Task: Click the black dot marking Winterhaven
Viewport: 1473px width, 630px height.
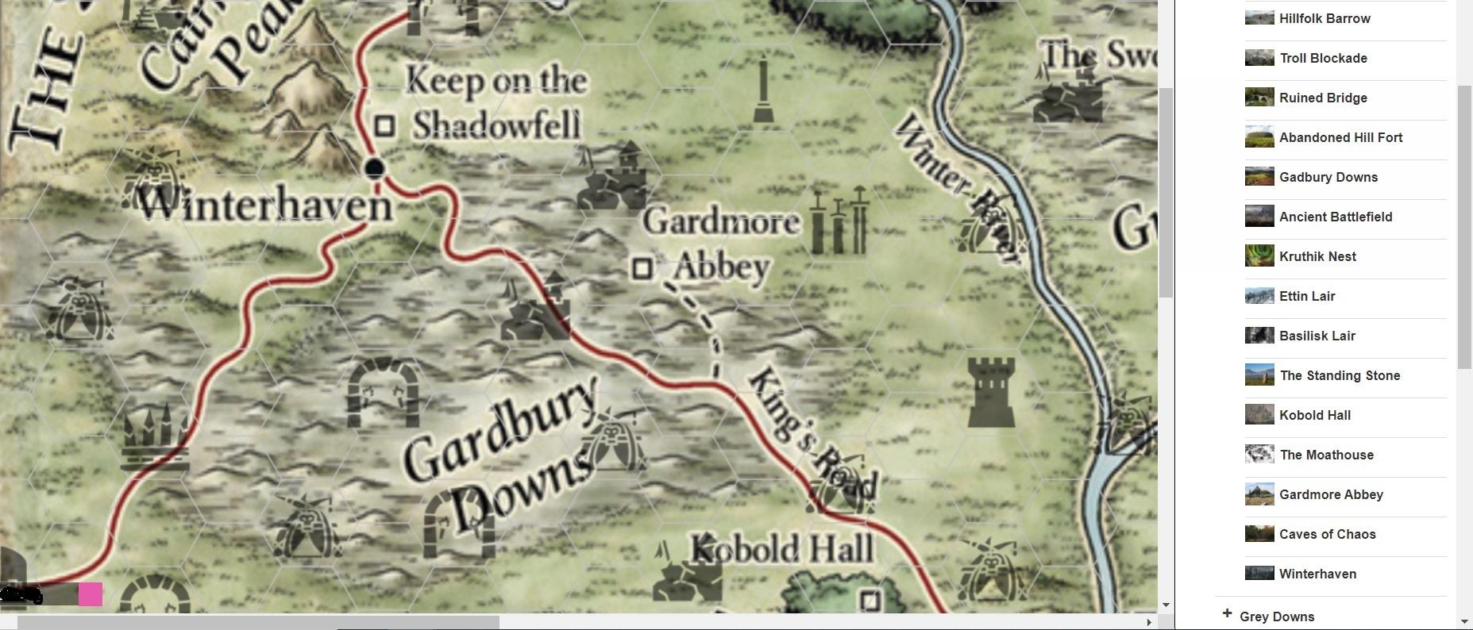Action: [x=374, y=168]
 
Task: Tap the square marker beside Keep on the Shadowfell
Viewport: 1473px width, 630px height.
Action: [x=385, y=125]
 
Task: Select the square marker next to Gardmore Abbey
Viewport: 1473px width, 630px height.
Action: [x=642, y=268]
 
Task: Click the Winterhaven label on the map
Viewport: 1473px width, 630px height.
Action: [x=266, y=206]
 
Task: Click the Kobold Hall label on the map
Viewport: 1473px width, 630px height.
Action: [x=782, y=549]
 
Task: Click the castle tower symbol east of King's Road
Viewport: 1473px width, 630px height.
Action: [x=992, y=392]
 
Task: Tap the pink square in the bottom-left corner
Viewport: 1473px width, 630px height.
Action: [x=91, y=594]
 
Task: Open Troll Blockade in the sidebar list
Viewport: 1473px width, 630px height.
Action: [x=1323, y=58]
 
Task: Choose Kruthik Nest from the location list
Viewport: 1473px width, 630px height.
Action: [x=1317, y=256]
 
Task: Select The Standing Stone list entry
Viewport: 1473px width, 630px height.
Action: [x=1340, y=375]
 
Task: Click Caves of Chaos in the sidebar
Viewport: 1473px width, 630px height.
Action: [x=1327, y=534]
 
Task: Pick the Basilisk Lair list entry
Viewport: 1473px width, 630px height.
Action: [x=1317, y=336]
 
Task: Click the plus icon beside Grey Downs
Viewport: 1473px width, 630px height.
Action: [x=1227, y=614]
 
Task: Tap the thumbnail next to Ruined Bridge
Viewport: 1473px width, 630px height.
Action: [x=1259, y=98]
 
